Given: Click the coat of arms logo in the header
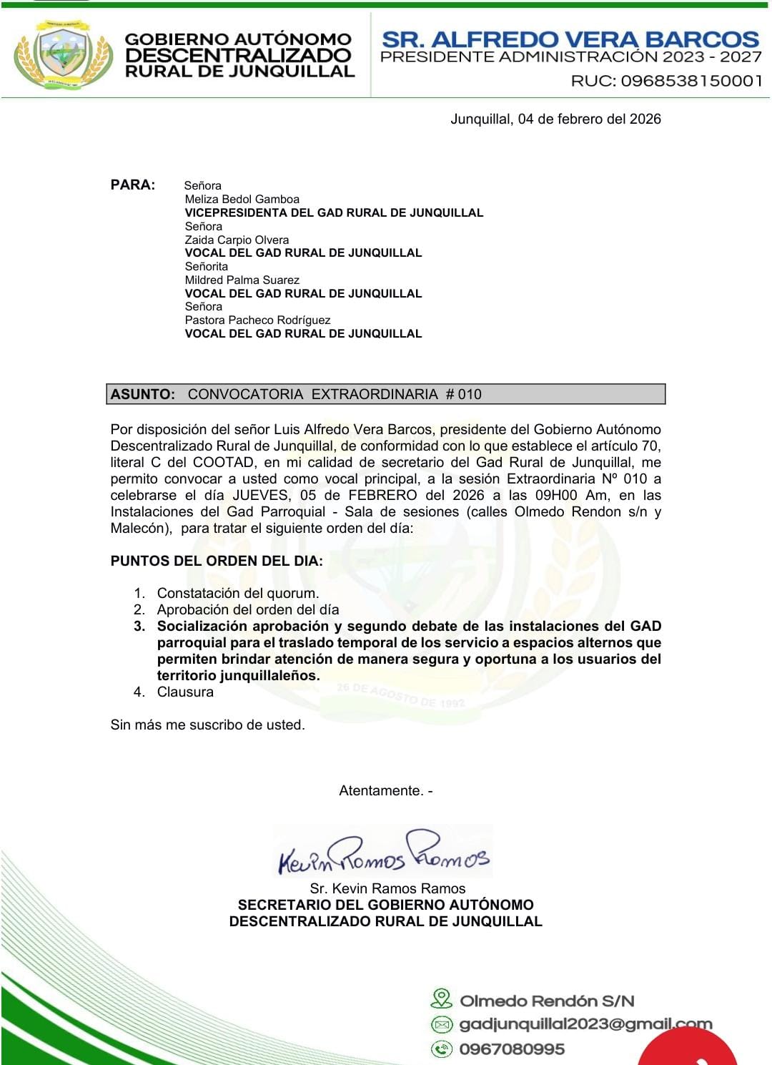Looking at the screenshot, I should click(64, 54).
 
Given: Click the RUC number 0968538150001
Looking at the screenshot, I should click(691, 81).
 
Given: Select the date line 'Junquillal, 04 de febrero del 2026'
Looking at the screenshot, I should click(555, 119).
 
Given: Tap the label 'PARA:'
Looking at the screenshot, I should click(132, 185).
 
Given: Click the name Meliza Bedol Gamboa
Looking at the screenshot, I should click(242, 199).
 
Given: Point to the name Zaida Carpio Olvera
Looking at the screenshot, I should click(237, 240).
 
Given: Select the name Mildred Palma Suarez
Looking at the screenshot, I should click(242, 280).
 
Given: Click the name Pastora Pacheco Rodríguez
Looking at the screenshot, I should click(257, 320).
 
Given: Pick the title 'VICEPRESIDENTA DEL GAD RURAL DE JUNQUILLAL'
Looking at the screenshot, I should click(334, 212).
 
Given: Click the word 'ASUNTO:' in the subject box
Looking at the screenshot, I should click(143, 394).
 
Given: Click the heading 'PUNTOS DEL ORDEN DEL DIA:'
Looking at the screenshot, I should click(217, 561).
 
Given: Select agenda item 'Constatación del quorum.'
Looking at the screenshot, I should click(238, 593).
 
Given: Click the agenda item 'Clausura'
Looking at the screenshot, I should click(185, 692).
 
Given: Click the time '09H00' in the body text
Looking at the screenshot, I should click(555, 495).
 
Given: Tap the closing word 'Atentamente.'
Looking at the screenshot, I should click(381, 790).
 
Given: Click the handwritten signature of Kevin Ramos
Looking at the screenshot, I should click(384, 853).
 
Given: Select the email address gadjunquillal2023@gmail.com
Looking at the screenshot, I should click(585, 1024).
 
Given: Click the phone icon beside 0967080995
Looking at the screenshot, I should click(442, 1049).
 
